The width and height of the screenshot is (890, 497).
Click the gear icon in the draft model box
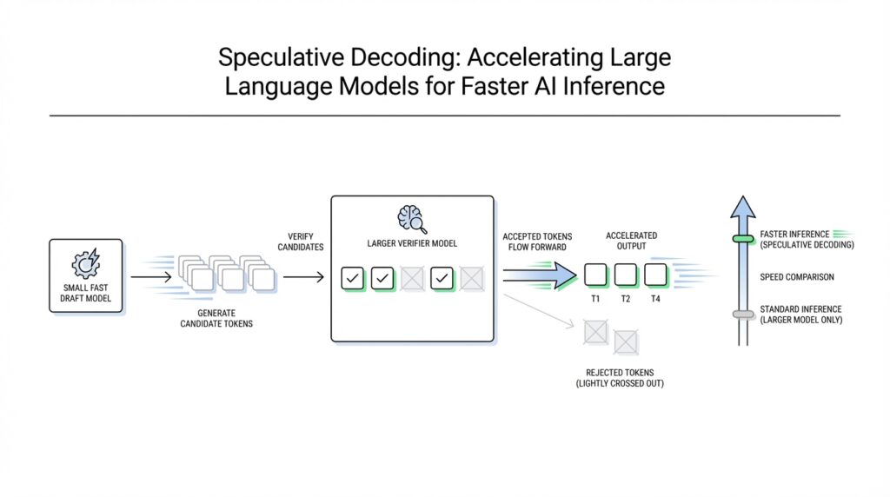click(86, 262)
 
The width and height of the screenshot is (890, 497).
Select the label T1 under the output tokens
click(595, 298)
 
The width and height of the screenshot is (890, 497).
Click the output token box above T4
click(655, 275)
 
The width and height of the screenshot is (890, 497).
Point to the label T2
click(626, 298)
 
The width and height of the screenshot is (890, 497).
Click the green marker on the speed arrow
click(743, 239)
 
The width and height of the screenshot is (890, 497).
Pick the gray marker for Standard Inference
click(743, 314)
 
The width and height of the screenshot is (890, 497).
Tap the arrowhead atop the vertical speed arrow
click(742, 209)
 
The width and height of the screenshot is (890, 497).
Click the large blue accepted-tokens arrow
click(539, 276)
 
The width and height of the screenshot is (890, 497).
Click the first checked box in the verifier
click(353, 278)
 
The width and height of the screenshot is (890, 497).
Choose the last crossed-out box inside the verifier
click(471, 278)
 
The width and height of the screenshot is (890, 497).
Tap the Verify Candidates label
click(302, 242)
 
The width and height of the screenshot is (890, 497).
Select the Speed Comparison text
click(797, 277)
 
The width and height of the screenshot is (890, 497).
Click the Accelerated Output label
click(632, 241)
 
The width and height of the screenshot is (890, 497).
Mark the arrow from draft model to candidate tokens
click(149, 277)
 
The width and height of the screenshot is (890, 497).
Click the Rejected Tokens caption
click(620, 378)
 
